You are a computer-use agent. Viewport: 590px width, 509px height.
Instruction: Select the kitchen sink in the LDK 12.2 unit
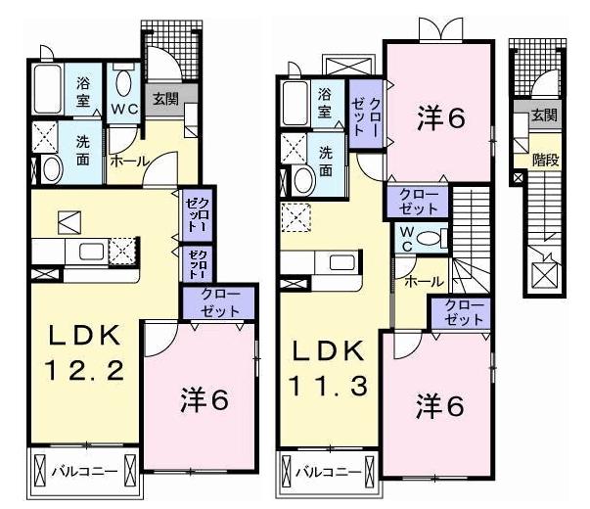click(x=90, y=252)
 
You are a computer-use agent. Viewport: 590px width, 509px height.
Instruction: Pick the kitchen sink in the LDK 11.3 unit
click(x=341, y=262)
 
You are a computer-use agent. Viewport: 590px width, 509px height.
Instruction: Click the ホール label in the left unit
click(x=128, y=161)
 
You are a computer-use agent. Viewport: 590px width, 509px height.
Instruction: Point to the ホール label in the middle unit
click(x=423, y=280)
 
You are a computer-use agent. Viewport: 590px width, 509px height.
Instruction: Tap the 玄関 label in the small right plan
click(x=544, y=116)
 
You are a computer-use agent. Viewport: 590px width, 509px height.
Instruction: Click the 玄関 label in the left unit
click(x=163, y=97)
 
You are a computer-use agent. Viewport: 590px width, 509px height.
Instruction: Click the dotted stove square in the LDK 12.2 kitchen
click(x=121, y=251)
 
